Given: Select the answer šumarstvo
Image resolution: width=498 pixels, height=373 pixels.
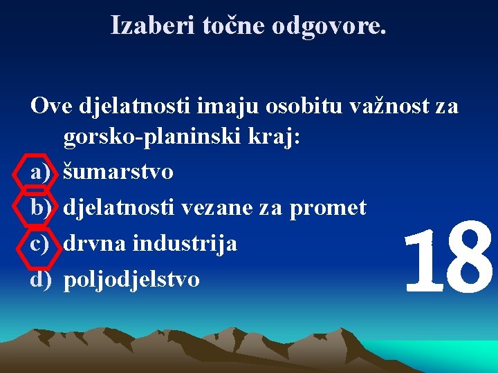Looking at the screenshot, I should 118,171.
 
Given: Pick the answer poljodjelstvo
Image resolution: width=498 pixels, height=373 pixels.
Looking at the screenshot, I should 131,279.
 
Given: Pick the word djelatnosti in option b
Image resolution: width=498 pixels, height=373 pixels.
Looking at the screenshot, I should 118,207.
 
